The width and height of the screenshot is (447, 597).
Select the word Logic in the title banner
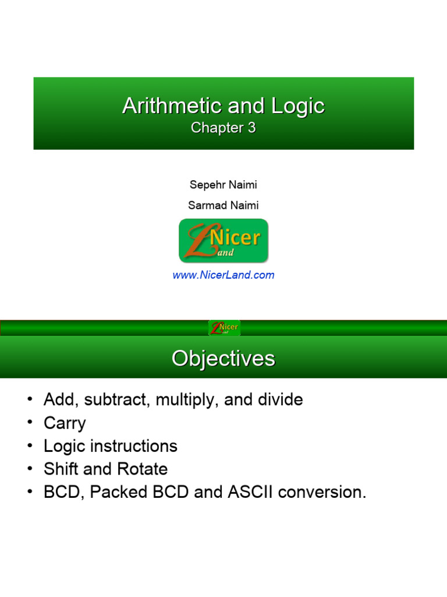tap(297, 106)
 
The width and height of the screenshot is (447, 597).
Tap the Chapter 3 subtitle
tap(223, 128)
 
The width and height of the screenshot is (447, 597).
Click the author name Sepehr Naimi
tap(223, 185)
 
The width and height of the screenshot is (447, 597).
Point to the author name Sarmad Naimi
tap(223, 205)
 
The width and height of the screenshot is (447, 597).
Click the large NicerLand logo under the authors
tap(223, 240)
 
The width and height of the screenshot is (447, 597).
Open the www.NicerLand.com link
tap(223, 275)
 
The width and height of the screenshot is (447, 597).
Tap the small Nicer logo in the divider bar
tap(224, 328)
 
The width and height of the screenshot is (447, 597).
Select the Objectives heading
tap(223, 358)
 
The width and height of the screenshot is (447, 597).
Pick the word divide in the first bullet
tap(278, 400)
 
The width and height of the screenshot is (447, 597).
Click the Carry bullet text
tap(65, 423)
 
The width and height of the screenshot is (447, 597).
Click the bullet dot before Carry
tap(30, 423)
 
